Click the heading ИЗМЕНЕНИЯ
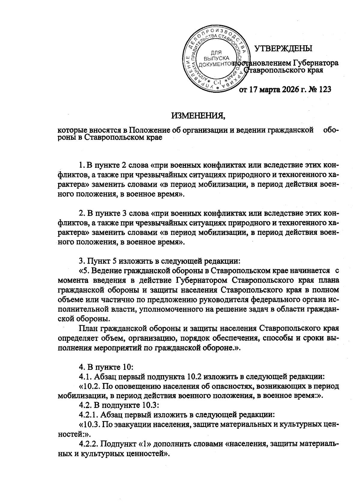198,115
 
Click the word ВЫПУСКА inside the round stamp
216,58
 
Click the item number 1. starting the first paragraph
81,165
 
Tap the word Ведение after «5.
103,271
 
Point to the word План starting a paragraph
88,328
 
